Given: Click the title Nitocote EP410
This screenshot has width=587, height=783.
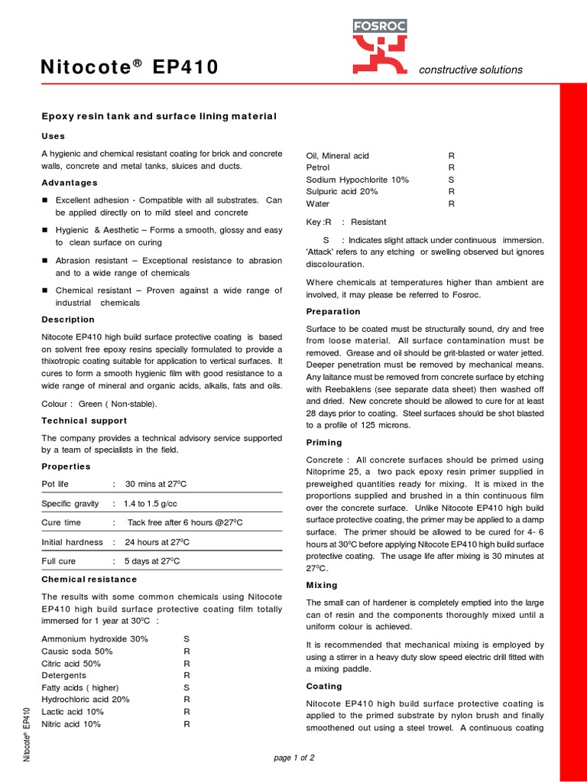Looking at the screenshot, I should [130, 69].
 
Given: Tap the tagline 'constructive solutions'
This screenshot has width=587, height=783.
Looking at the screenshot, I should [471, 70].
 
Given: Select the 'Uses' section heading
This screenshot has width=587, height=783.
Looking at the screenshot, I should [53, 135].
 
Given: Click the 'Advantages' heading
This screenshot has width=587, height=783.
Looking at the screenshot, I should [70, 183].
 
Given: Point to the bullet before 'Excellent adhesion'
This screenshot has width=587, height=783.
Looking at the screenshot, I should [45, 200].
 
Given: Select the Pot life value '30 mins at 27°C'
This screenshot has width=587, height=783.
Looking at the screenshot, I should [157, 484].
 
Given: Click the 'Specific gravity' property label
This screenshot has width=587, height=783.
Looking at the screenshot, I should [70, 504].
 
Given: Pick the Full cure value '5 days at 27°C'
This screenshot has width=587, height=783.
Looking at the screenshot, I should [153, 561].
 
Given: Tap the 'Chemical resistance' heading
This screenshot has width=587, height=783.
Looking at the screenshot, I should [89, 579].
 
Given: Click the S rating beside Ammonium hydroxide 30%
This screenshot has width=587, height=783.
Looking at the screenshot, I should [186, 638].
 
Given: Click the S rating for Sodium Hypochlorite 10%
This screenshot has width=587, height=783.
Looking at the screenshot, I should [451, 180].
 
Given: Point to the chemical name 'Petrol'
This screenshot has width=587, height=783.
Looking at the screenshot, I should [318, 167].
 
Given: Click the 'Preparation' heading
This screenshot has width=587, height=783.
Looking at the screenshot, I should [333, 311].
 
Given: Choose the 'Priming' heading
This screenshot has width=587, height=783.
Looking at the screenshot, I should [324, 443].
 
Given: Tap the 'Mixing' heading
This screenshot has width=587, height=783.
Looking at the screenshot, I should [322, 585].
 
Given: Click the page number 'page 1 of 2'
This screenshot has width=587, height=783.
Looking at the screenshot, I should [293, 758].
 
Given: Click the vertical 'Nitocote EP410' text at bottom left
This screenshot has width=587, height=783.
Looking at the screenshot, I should [28, 736].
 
